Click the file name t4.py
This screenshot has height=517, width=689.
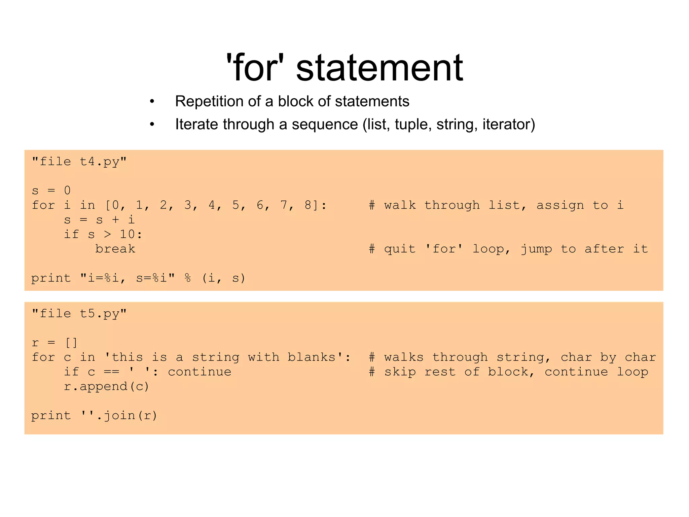(x=99, y=162)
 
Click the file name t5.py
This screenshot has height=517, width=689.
(x=99, y=314)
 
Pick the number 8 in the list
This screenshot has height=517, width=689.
(x=308, y=205)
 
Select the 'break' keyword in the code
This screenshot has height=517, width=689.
(x=115, y=249)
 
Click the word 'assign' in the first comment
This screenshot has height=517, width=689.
(x=560, y=205)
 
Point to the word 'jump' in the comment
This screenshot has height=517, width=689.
(x=536, y=249)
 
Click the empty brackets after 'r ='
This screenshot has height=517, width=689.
(x=71, y=343)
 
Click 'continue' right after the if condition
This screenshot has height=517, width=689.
(x=200, y=372)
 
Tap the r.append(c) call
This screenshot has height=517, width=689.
(x=106, y=386)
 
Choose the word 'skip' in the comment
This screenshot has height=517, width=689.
(x=400, y=372)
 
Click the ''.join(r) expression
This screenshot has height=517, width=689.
(x=119, y=415)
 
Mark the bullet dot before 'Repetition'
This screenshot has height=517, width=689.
(x=152, y=101)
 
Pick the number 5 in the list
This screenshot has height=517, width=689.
(x=236, y=205)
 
